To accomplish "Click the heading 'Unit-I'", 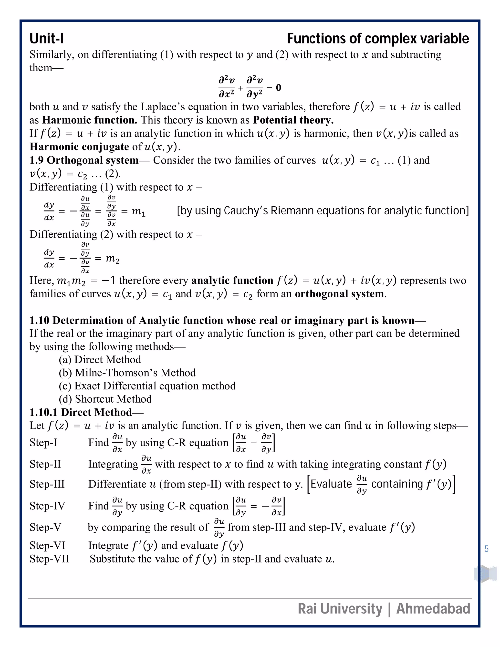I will pos(46,39).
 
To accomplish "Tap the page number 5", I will pos(486,549).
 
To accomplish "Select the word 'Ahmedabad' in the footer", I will pos(433,609).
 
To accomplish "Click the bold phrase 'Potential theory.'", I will pos(293,120).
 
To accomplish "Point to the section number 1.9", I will pos(36,160).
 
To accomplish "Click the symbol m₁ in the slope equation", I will pos(138,211).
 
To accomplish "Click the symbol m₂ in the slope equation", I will pos(113,259).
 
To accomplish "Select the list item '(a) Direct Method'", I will pos(100,359).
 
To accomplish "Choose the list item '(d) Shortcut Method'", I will pos(105,399).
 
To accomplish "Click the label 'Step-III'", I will pos(47,484).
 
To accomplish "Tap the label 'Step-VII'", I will pos(49,559).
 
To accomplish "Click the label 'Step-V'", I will pos(45,527).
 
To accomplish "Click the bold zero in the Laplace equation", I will pos(278,87).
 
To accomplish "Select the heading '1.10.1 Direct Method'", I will pos(86,412).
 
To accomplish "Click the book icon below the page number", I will pos(485,574).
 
